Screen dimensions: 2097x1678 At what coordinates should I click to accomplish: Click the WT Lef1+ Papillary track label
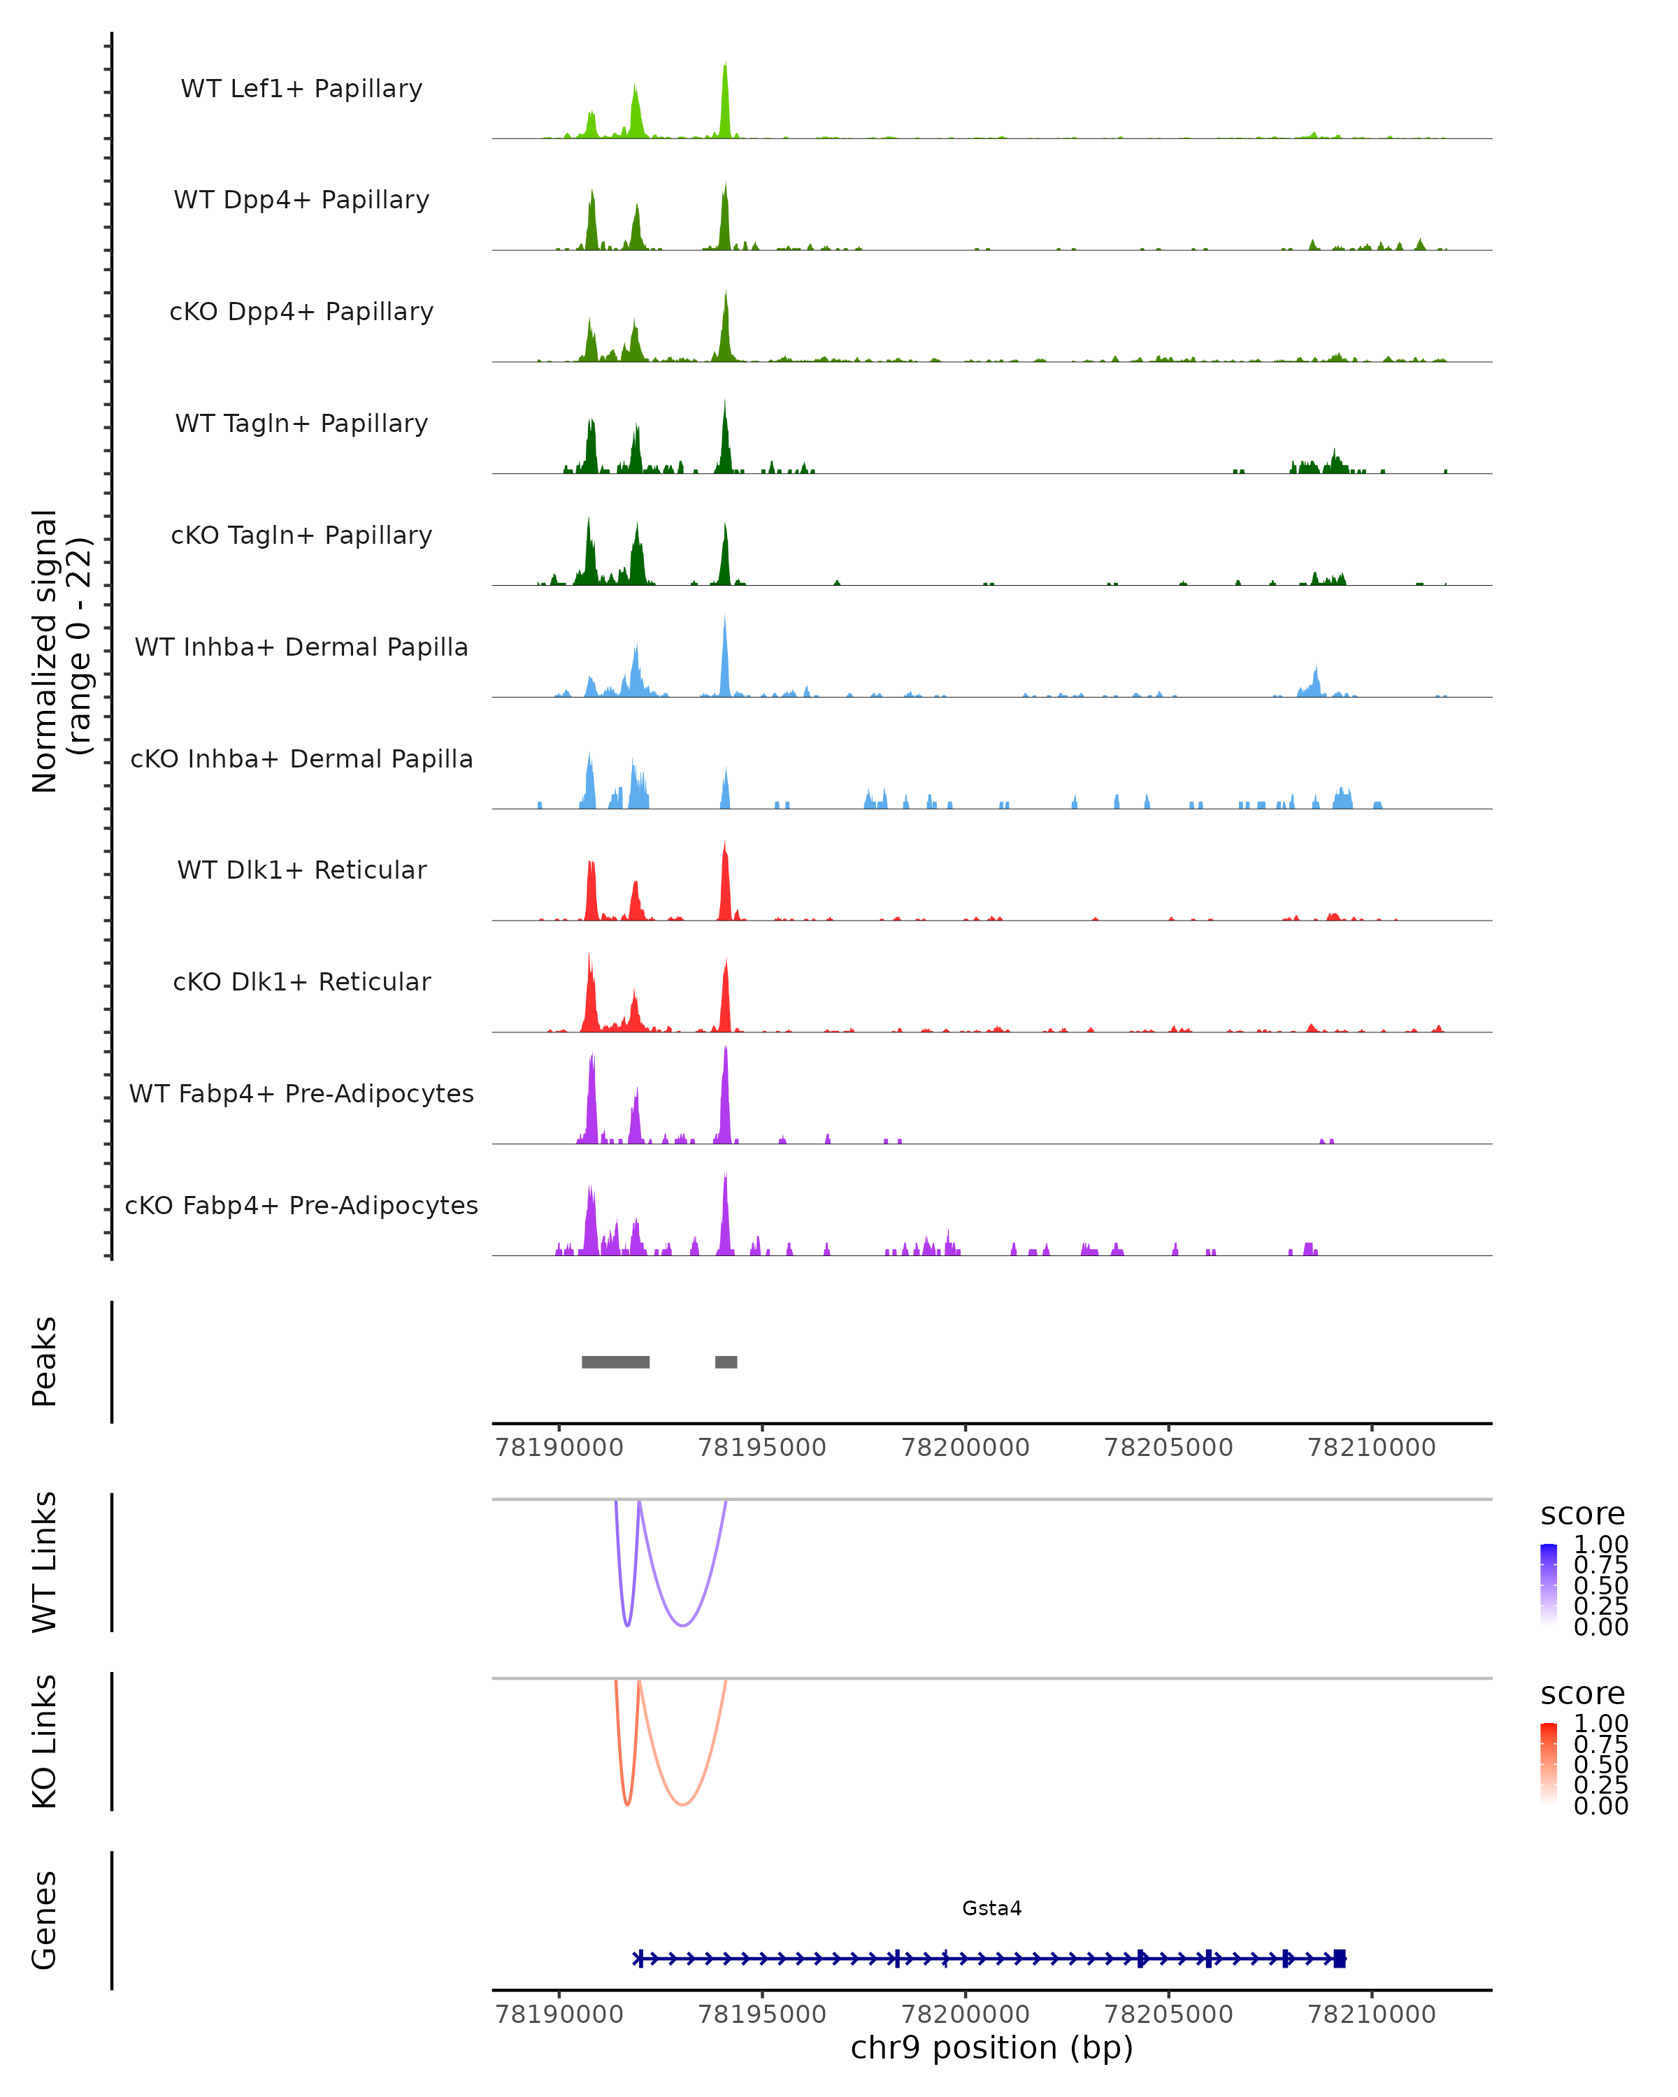[301, 89]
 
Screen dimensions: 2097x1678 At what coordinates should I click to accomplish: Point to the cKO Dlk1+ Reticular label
[301, 981]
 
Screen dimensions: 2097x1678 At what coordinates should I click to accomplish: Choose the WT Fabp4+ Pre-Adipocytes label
[301, 1093]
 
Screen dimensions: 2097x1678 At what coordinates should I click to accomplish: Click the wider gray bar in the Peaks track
[616, 1362]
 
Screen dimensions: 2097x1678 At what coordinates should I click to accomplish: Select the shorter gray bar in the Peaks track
[726, 1362]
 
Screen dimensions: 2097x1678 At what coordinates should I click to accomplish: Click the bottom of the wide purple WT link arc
[684, 1625]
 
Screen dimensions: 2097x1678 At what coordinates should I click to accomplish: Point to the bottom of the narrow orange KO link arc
[627, 1804]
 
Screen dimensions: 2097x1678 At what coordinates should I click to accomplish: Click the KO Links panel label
[45, 1741]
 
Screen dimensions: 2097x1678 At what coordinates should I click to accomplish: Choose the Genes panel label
[45, 1920]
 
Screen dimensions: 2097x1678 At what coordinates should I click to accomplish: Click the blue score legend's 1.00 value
[1600, 1545]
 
